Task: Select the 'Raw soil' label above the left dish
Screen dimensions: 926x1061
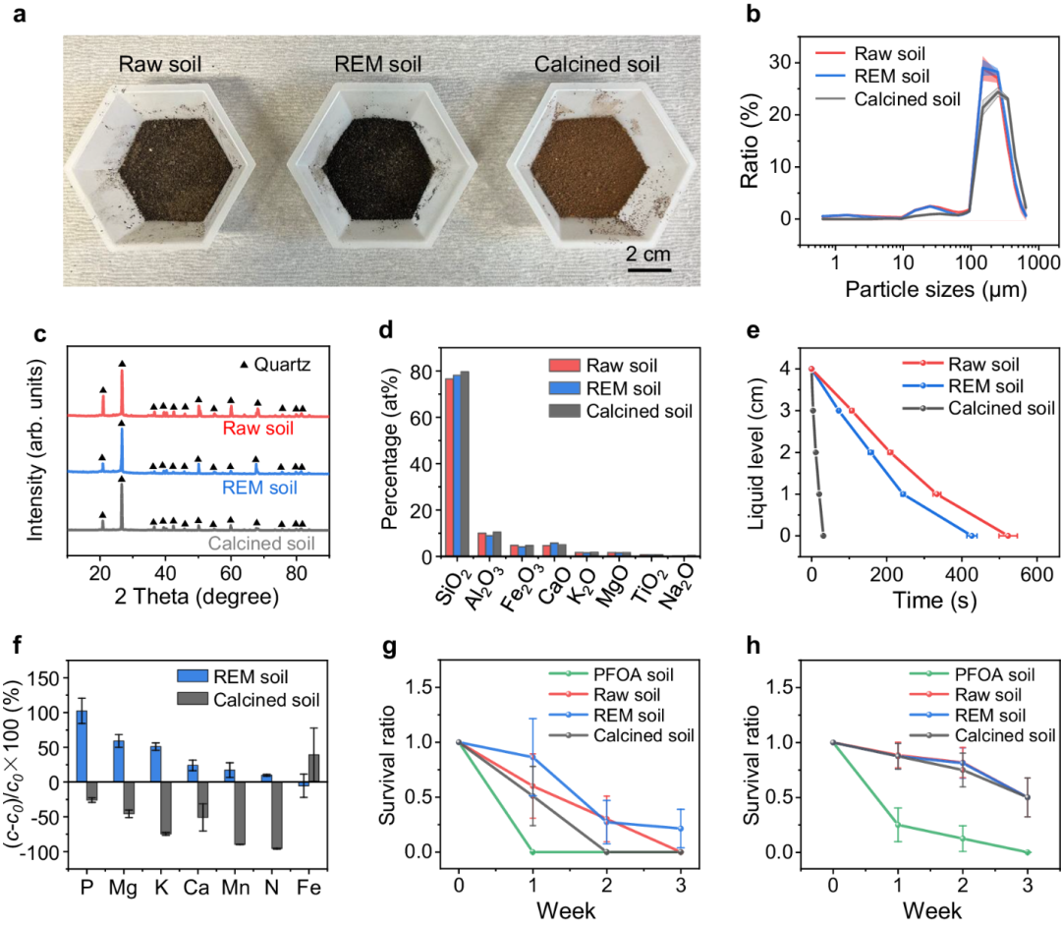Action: tap(160, 65)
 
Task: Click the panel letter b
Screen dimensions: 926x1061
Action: tap(752, 16)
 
